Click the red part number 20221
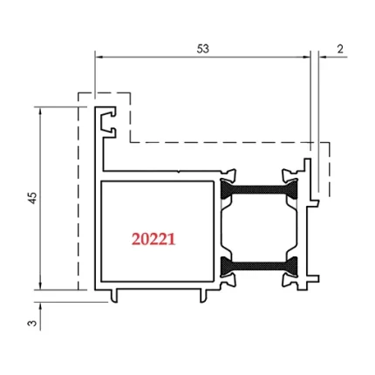tap(153, 237)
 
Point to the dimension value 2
tap(338, 49)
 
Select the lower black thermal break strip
tap(258, 264)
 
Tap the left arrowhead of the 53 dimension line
tap(98, 58)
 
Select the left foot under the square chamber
tap(114, 297)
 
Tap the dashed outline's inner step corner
tap(130, 140)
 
